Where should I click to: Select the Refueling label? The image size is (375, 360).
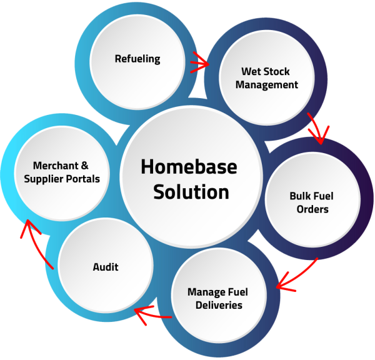[x=137, y=59]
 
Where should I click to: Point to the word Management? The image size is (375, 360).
[x=269, y=84]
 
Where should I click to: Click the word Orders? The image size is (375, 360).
[x=312, y=209]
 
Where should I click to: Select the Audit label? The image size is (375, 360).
[x=106, y=267]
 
